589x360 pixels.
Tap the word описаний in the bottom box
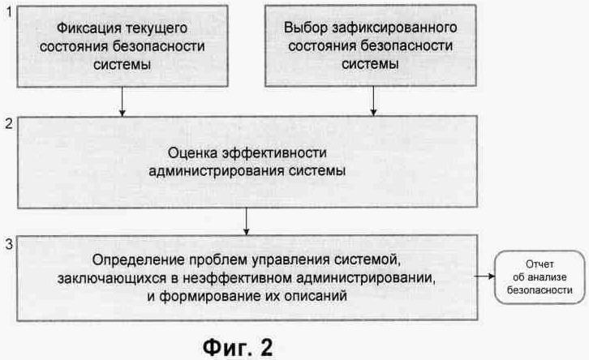click(321, 297)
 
